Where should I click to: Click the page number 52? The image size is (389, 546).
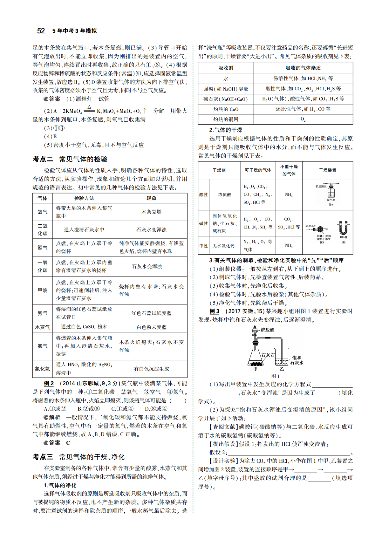click(41, 31)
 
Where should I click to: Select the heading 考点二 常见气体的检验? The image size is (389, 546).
click(70, 159)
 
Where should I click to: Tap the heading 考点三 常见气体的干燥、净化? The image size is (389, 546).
click(78, 457)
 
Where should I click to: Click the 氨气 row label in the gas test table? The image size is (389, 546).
click(42, 313)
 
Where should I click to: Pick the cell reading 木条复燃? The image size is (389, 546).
click(151, 212)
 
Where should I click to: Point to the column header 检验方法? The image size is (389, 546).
click(84, 198)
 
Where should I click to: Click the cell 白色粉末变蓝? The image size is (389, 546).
click(151, 327)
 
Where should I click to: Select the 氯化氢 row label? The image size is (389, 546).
click(42, 369)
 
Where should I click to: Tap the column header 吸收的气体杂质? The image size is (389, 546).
click(303, 68)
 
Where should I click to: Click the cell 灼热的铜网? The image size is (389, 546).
click(226, 119)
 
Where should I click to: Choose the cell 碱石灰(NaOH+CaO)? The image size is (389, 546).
click(226, 99)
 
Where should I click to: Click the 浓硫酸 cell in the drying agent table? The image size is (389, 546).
click(225, 195)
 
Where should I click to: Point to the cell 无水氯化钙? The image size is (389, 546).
click(223, 246)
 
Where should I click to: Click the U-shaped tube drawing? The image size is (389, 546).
click(343, 228)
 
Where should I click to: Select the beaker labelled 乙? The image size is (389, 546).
click(282, 358)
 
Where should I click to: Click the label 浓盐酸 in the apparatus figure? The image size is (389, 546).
click(267, 330)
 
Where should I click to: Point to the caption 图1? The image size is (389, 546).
click(275, 376)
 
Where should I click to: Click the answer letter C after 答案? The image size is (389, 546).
click(68, 443)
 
